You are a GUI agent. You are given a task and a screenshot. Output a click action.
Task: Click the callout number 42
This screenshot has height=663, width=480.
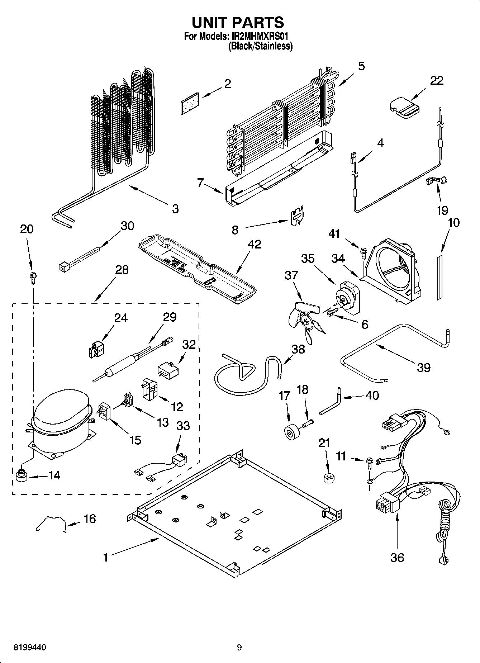254,244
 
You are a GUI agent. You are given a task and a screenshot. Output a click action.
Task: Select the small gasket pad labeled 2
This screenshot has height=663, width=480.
190,104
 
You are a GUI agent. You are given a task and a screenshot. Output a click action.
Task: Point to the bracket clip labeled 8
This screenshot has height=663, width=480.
297,216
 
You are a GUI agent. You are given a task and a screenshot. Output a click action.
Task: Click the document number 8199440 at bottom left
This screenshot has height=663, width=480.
30,647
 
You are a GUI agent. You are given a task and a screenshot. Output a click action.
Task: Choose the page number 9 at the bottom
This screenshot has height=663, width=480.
239,647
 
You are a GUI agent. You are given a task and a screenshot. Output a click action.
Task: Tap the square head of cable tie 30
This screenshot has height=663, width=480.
64,266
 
